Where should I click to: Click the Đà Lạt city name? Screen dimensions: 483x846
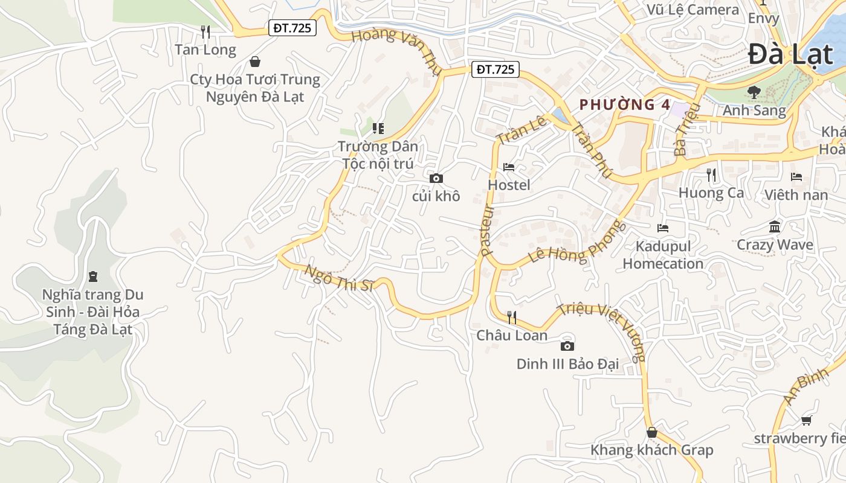790,55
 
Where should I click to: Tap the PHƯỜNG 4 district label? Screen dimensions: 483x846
625,104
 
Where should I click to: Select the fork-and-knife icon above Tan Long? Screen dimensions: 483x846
205,31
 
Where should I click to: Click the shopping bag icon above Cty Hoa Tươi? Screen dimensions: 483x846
255,62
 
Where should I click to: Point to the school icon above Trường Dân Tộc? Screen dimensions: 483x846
378,128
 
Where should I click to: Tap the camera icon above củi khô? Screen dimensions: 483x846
436,178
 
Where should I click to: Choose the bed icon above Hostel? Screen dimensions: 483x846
509,167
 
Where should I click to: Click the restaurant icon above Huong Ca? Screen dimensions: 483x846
711,175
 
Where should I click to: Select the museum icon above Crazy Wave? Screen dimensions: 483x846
775,227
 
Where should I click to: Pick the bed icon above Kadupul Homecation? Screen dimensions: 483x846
663,228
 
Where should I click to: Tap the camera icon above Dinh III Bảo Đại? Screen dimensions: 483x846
567,346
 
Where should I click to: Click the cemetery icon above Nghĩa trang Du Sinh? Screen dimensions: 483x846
92,277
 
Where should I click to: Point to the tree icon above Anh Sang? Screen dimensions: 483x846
754,92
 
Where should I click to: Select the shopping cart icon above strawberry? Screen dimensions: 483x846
806,420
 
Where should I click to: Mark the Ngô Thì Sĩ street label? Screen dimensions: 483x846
340,279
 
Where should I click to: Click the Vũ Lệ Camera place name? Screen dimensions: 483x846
693,10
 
